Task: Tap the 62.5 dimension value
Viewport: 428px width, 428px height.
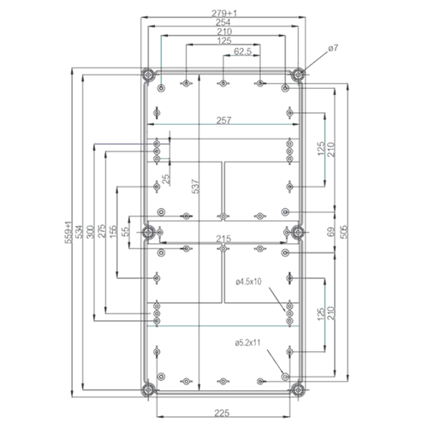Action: coord(242,52)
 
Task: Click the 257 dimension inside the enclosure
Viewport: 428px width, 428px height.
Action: coord(223,122)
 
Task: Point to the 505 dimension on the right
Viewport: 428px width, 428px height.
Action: coord(345,231)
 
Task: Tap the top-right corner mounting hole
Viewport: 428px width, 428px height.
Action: coord(298,74)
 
